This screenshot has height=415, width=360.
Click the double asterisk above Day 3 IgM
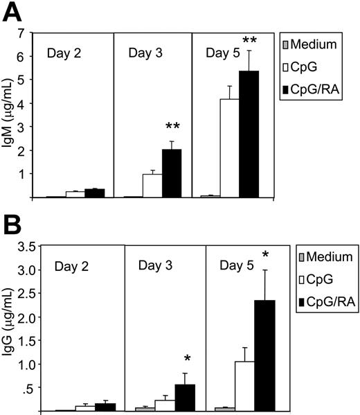coord(172,127)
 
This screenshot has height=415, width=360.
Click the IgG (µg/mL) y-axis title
coord(12,328)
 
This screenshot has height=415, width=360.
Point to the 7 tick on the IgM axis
coord(30,33)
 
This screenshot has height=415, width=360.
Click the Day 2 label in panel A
coord(64,53)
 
